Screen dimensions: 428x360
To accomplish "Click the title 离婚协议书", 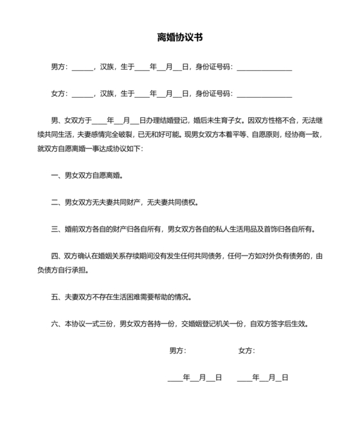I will pos(180,37).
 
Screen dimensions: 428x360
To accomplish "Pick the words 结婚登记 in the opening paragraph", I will pos(168,120).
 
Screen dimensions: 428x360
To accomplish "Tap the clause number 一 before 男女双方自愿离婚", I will pos(55,176).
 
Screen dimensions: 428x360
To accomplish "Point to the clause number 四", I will pos(55,256).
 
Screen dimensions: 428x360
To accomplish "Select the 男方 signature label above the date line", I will pos(177,351).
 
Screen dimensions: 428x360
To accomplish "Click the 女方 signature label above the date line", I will pos(246,351).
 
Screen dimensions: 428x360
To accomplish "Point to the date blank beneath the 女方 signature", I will pos(263,378).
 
